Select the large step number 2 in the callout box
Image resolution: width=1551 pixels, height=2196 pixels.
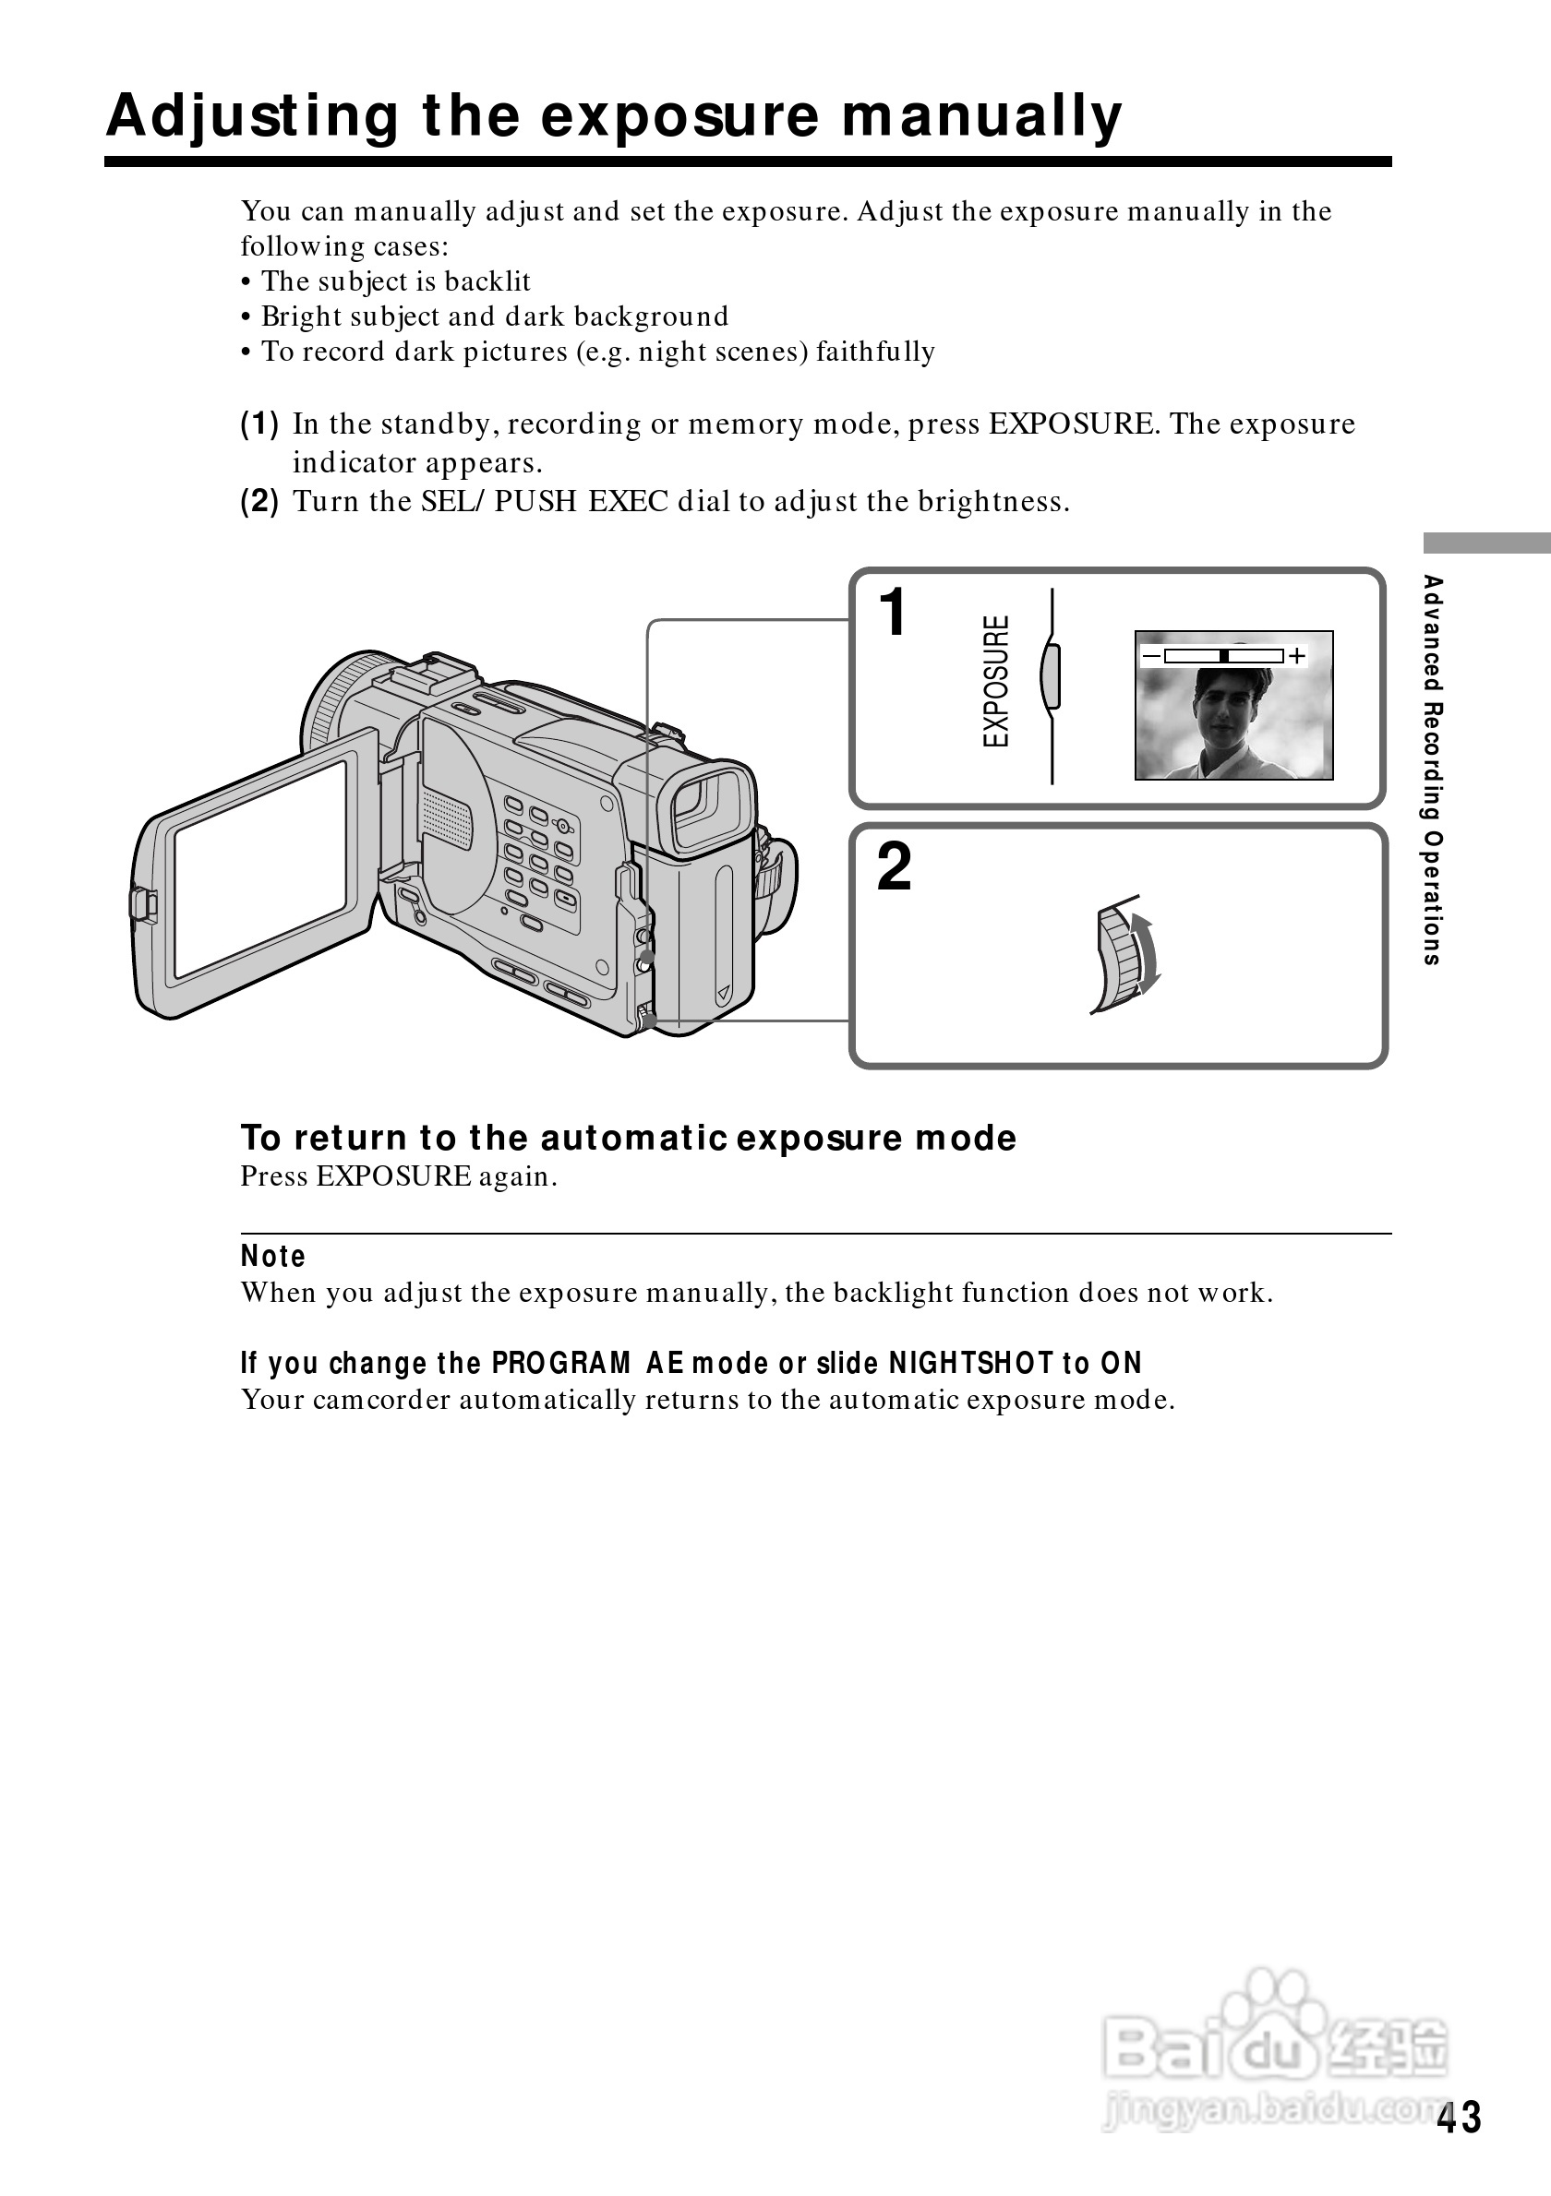tap(894, 866)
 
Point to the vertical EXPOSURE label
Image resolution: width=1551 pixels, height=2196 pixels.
tap(996, 680)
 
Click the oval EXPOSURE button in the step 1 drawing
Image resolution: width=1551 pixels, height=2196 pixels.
tap(1050, 675)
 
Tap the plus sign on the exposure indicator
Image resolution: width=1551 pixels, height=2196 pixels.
tap(1296, 656)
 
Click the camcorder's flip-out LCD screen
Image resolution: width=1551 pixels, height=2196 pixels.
tap(259, 868)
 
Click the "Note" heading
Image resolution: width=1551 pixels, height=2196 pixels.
tap(272, 1256)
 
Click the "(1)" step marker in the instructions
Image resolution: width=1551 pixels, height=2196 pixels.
tap(259, 423)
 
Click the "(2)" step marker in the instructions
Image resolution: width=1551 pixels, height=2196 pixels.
tap(259, 501)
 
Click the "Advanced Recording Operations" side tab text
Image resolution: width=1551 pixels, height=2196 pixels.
tap(1432, 769)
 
